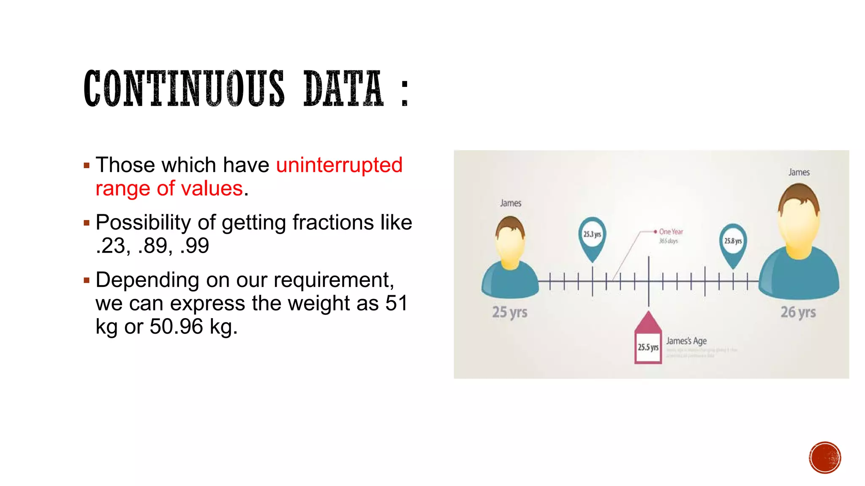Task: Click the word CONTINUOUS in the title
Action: click(x=184, y=88)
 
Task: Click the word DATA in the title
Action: click(x=343, y=88)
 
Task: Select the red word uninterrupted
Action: click(x=339, y=165)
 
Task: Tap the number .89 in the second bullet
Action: click(x=155, y=246)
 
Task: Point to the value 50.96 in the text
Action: click(x=177, y=327)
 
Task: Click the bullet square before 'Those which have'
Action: click(x=87, y=165)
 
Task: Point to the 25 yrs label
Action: click(x=510, y=313)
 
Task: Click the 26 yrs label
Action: click(x=798, y=312)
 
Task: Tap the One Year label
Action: click(x=671, y=232)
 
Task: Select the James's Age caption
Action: click(x=686, y=341)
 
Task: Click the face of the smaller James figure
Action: click(x=510, y=247)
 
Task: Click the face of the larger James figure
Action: click(x=799, y=224)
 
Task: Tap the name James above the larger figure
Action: click(x=799, y=172)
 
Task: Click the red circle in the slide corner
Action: click(x=825, y=458)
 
